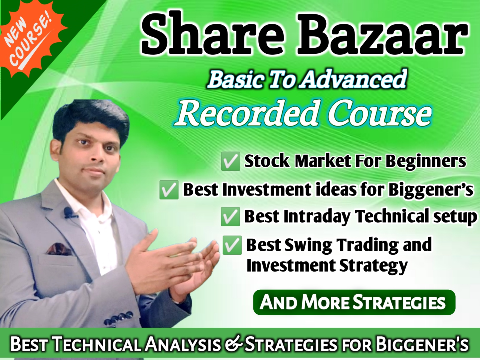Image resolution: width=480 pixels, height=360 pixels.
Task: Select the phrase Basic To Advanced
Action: click(x=307, y=79)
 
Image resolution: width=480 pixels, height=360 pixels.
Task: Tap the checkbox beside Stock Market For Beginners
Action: click(x=231, y=161)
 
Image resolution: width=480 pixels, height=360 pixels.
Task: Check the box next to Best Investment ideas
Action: click(x=169, y=189)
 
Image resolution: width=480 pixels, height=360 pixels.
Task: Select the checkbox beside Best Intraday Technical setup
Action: click(x=230, y=216)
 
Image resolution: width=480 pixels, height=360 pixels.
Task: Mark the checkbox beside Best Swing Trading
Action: click(x=232, y=245)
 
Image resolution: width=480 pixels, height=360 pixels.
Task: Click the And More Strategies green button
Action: click(x=354, y=302)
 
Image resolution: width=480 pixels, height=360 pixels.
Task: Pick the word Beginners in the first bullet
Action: click(x=426, y=161)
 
